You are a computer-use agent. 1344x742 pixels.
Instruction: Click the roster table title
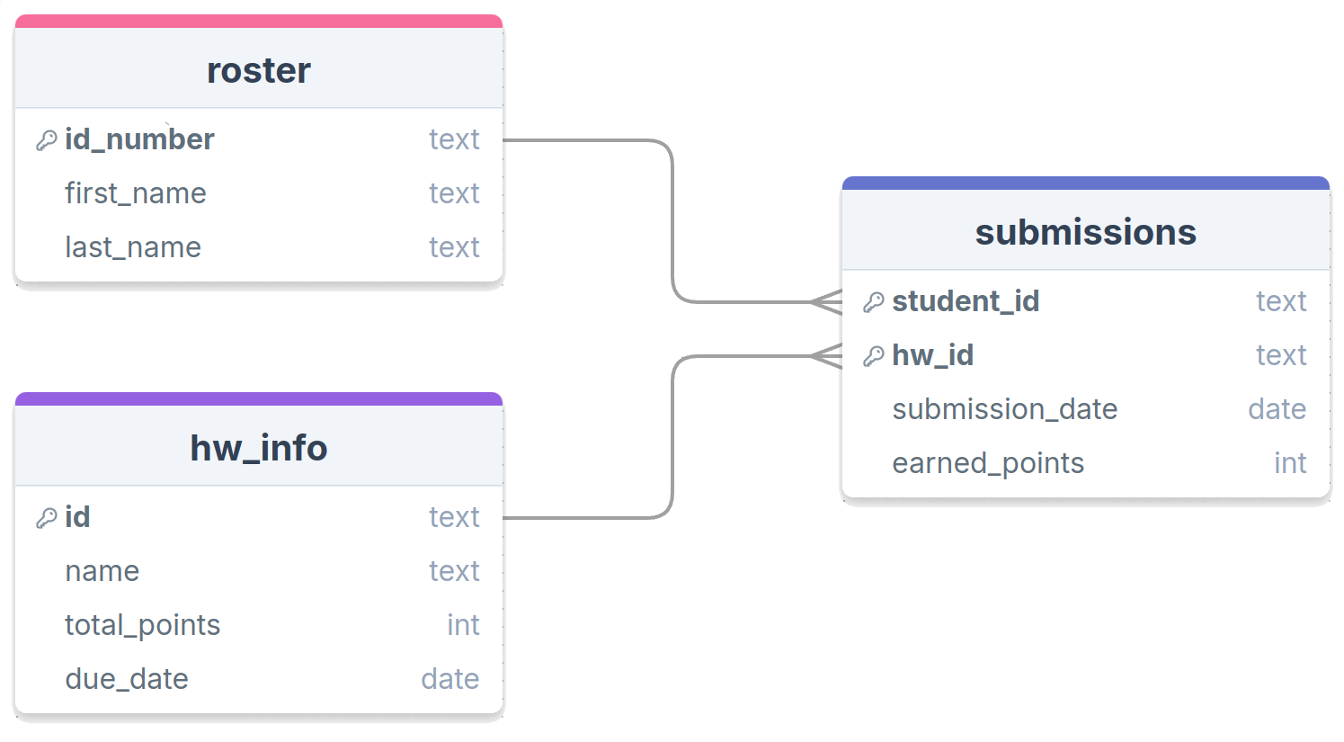click(x=259, y=71)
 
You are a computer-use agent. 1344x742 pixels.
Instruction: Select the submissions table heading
click(x=1085, y=232)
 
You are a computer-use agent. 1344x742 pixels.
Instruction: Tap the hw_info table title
click(x=259, y=449)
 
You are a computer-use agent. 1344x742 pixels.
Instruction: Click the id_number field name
click(x=139, y=140)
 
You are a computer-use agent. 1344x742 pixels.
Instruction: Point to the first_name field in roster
click(x=136, y=193)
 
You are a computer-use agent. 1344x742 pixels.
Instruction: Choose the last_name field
click(x=133, y=247)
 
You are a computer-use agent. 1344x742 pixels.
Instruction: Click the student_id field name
click(x=966, y=301)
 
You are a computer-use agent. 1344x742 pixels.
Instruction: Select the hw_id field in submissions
click(x=933, y=355)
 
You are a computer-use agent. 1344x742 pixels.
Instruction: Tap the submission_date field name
click(x=1005, y=409)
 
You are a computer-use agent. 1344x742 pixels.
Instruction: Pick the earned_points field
click(x=988, y=463)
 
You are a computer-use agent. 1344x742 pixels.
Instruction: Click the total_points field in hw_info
click(x=143, y=626)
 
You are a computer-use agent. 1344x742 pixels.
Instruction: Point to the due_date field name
click(x=127, y=679)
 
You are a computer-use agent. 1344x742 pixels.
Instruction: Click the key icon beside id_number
click(x=46, y=140)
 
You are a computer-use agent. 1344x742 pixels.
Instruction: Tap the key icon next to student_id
click(x=874, y=302)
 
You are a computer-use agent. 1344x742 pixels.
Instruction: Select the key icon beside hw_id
click(x=874, y=356)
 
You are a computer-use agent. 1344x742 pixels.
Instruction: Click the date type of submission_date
click(x=1277, y=409)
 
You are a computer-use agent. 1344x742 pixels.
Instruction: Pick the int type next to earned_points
click(x=1290, y=463)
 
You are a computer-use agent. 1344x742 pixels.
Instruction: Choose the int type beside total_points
click(x=463, y=626)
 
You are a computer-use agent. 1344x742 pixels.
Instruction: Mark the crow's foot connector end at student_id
click(x=827, y=302)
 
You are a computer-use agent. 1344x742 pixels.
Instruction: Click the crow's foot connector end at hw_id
click(x=827, y=356)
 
